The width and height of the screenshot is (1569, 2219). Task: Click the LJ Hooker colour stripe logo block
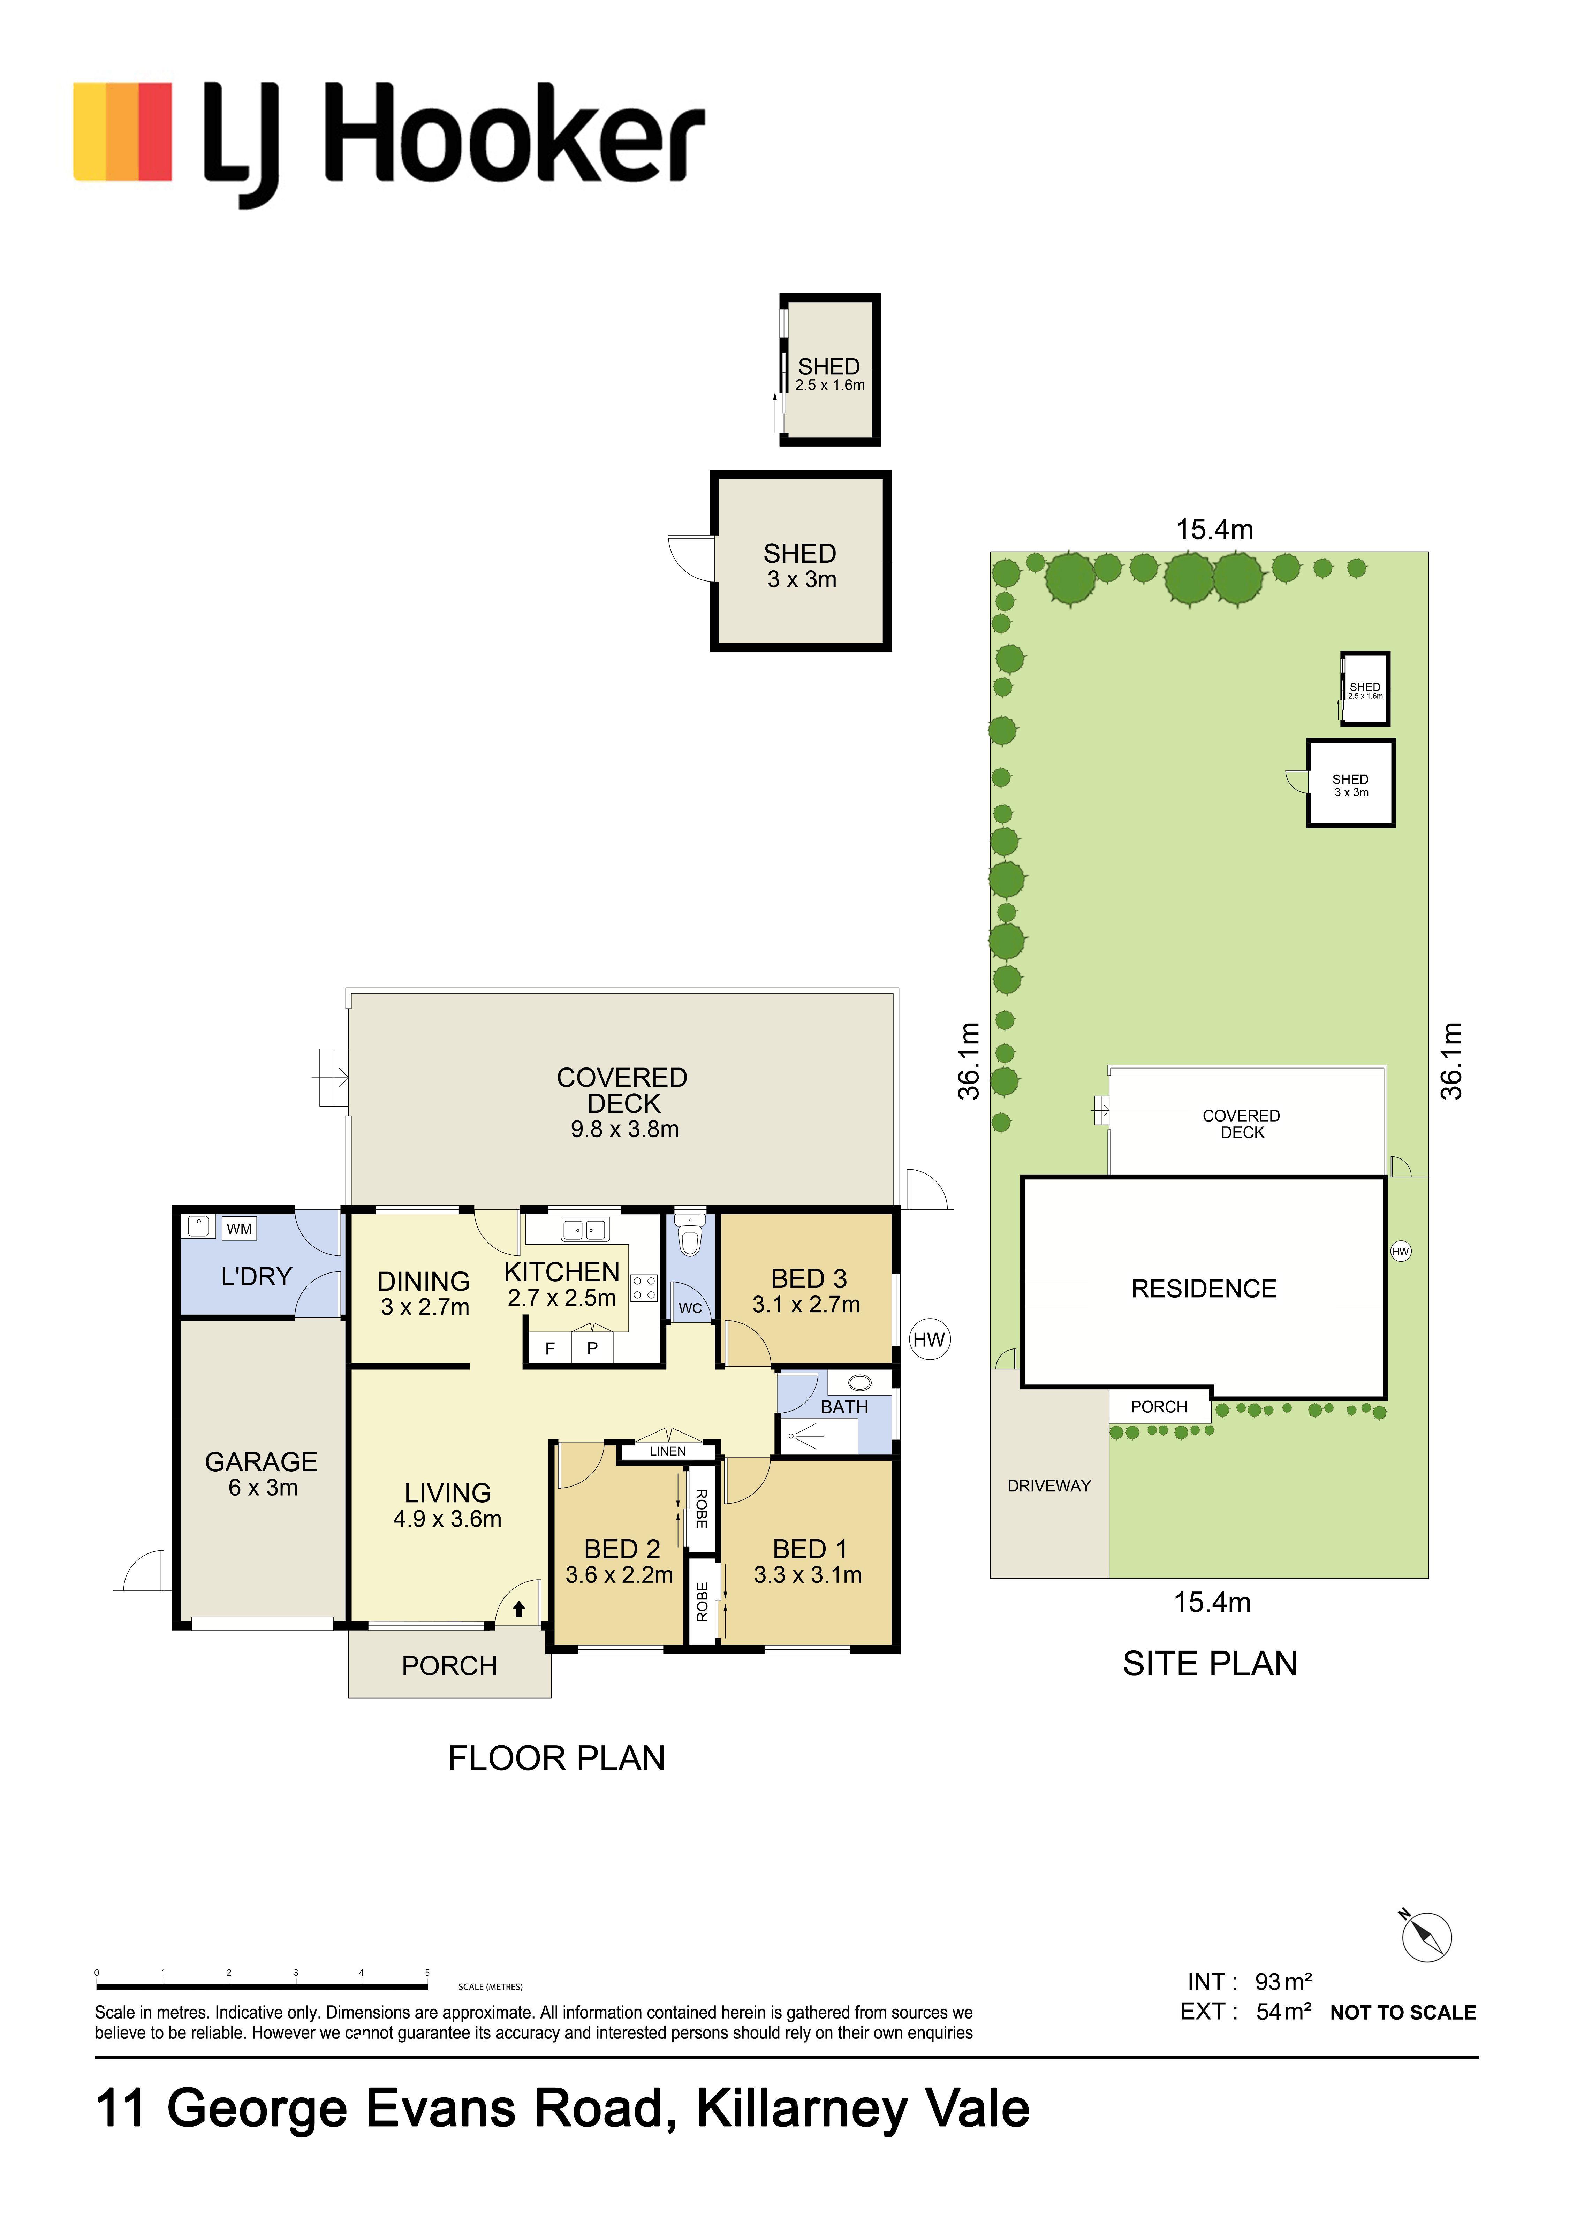tap(123, 132)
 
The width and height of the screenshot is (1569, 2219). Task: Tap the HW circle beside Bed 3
tap(929, 1339)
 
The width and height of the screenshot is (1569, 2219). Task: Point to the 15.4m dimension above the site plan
tap(1214, 530)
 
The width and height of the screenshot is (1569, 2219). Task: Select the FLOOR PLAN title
tap(557, 1758)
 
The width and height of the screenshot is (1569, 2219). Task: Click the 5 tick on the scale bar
tap(427, 1973)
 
